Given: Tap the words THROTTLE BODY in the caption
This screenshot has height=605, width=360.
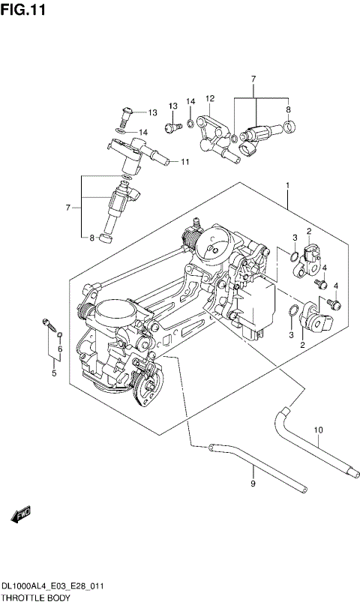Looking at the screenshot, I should tap(35, 598).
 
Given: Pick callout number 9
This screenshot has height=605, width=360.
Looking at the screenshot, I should tap(253, 484).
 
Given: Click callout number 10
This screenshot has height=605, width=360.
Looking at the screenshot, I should tap(317, 430).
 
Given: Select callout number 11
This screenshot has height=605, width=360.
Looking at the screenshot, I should tap(184, 161).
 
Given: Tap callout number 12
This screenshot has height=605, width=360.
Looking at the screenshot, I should tap(210, 98).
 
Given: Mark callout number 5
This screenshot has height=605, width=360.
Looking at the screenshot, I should tap(53, 372).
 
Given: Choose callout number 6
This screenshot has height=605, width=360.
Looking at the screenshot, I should tap(60, 349).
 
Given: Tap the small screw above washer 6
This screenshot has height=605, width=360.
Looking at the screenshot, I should tap(50, 325).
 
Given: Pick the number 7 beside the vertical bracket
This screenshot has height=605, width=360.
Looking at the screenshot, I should tap(68, 207).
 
